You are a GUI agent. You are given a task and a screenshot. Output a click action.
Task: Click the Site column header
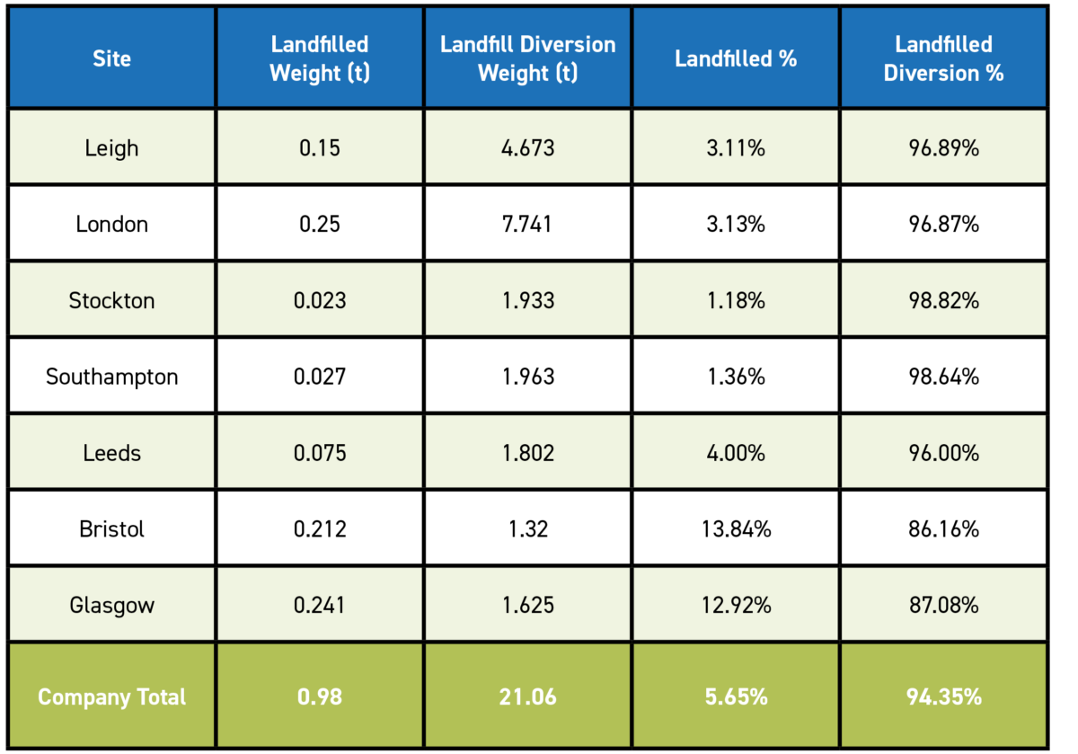click(111, 58)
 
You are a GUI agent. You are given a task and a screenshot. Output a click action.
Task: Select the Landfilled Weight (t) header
click(319, 58)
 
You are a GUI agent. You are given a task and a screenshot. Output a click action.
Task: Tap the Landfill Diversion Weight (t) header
click(527, 58)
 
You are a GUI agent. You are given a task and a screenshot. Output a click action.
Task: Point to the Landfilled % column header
click(736, 58)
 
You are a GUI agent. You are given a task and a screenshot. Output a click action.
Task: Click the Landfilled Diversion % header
click(943, 58)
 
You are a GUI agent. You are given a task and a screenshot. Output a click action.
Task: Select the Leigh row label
click(111, 147)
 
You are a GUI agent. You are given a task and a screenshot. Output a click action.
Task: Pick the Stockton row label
click(111, 300)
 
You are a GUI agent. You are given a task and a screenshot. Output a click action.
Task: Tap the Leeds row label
click(111, 453)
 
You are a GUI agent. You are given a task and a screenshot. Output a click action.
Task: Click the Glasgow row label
click(111, 605)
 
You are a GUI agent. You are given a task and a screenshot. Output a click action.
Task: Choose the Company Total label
click(111, 696)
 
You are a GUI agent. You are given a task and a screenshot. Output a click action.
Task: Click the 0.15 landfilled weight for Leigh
click(319, 147)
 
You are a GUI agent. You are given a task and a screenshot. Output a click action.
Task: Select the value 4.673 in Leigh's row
click(527, 147)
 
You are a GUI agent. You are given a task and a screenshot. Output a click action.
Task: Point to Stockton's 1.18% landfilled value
click(736, 300)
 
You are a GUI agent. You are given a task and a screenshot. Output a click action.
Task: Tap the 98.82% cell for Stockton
click(943, 300)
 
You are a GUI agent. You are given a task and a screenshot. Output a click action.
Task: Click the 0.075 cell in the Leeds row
click(319, 453)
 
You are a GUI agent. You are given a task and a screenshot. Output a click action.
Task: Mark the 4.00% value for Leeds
click(736, 453)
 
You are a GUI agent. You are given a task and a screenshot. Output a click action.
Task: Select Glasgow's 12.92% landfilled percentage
click(736, 605)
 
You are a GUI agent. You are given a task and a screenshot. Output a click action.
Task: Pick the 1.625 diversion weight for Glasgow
click(527, 605)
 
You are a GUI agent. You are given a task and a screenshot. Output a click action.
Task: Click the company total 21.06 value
click(527, 696)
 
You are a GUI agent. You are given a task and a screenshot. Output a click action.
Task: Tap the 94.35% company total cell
click(943, 696)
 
